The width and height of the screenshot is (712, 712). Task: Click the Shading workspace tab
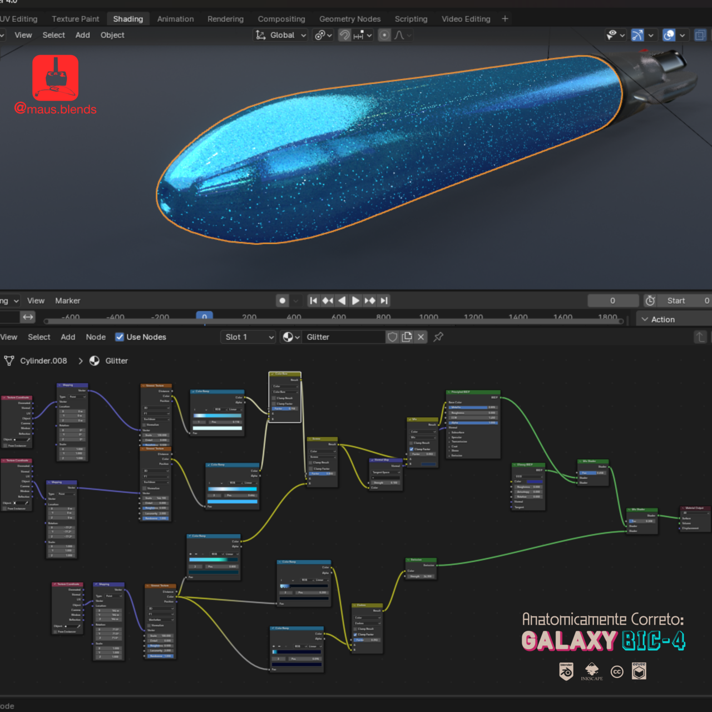(x=128, y=19)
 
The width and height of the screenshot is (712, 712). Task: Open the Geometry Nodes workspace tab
(x=350, y=19)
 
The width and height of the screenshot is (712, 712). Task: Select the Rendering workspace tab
(x=225, y=19)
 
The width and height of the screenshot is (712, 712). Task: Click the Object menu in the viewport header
(x=112, y=35)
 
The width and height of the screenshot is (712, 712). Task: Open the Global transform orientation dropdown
(x=281, y=35)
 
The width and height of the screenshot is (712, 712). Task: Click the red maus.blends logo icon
(x=55, y=77)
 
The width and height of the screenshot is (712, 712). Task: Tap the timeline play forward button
(x=355, y=300)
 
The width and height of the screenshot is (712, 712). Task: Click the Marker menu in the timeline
(x=68, y=300)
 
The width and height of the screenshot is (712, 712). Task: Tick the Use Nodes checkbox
(x=120, y=337)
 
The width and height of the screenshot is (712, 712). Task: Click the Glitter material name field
(x=342, y=337)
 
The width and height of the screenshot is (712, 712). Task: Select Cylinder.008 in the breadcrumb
(x=43, y=361)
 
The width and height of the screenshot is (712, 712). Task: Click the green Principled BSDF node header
(x=473, y=392)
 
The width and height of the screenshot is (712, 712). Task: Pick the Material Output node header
(x=695, y=508)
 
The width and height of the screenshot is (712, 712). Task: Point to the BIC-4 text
(x=654, y=641)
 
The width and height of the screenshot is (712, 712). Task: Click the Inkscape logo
(x=592, y=671)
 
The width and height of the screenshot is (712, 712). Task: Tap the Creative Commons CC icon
(x=617, y=672)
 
